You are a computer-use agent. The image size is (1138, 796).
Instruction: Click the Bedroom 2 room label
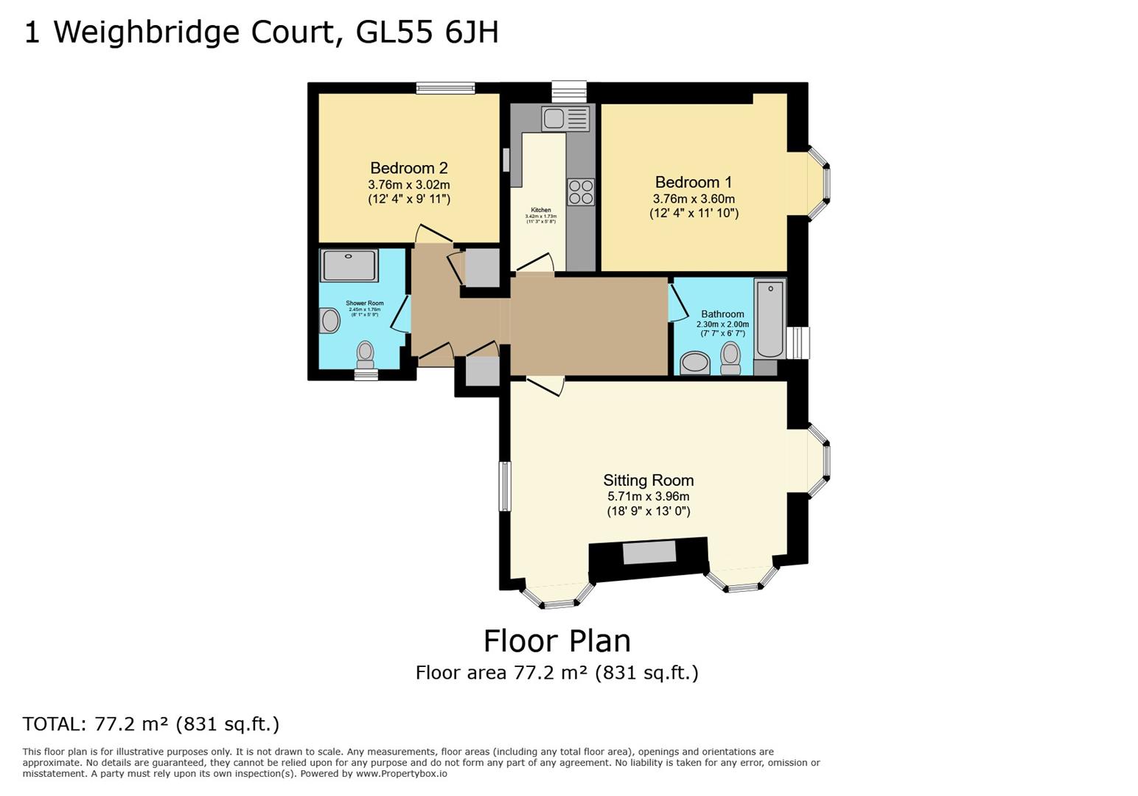click(408, 168)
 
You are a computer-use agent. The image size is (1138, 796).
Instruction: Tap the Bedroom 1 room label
click(693, 182)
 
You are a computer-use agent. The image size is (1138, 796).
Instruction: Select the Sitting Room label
click(648, 481)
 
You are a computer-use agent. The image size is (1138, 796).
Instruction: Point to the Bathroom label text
click(722, 314)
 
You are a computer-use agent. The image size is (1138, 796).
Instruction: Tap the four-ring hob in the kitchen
click(580, 192)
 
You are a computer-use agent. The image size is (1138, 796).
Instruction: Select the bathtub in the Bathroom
click(769, 318)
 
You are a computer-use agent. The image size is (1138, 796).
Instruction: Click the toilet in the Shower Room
click(365, 354)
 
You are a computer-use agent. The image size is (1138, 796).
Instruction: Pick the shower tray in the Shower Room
click(349, 265)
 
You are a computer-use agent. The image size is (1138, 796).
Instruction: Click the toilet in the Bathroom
click(730, 357)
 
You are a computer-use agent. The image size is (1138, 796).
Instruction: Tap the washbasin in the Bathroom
click(694, 363)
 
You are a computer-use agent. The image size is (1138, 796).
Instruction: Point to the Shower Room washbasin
click(330, 321)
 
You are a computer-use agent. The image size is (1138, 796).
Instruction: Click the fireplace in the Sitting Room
click(649, 558)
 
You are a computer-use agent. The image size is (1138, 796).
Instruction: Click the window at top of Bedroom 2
click(445, 88)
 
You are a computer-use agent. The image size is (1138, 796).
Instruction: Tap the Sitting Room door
click(545, 385)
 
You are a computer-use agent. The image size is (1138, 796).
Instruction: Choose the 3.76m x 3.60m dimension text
click(693, 199)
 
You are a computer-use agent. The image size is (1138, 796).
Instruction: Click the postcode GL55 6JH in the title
click(427, 32)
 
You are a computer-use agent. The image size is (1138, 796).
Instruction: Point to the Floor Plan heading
click(556, 640)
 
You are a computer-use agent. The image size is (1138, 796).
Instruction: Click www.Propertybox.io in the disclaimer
click(401, 774)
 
